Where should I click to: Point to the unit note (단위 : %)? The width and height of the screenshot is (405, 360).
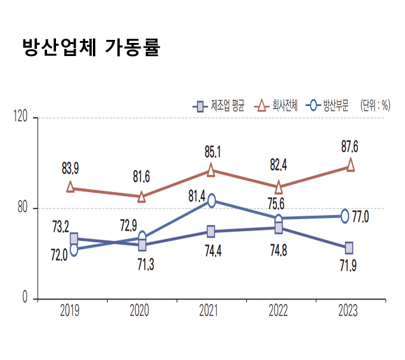[x=375, y=107]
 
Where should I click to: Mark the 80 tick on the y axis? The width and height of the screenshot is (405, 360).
[x=24, y=208]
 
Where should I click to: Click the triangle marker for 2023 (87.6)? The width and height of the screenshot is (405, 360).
[x=350, y=165]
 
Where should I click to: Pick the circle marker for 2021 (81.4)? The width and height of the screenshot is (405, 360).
[x=211, y=201]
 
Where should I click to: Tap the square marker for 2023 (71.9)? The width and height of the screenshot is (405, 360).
[x=349, y=247]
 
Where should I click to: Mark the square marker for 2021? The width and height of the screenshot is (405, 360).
[x=211, y=231]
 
